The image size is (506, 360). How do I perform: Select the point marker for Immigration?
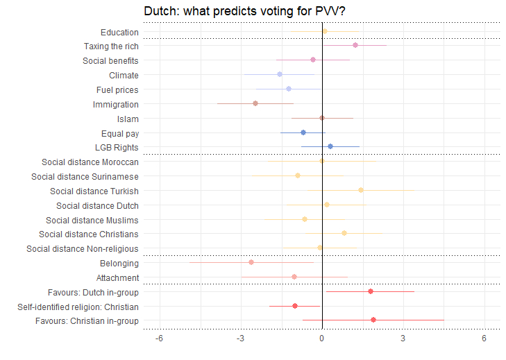coord(255,103)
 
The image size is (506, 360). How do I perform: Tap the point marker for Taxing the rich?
coord(355,45)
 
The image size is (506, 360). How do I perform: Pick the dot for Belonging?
coord(251,262)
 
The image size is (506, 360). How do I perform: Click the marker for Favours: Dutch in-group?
coord(371,291)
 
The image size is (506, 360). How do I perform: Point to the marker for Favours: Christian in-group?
coord(373,320)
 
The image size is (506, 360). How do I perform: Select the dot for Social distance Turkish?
coord(361,189)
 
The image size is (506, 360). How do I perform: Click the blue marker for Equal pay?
coord(303,132)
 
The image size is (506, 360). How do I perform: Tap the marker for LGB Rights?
coord(330,146)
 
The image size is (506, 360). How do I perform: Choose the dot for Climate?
coord(280,74)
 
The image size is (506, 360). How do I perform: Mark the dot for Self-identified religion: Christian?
coord(295,306)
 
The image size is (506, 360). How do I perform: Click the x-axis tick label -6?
coord(159,338)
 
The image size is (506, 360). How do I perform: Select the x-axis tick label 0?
coord(322,338)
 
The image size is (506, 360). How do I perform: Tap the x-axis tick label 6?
coord(484,338)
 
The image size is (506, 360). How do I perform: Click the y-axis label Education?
coord(119,32)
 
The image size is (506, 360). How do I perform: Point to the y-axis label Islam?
coord(128,119)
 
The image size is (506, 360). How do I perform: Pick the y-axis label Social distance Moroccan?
coord(90,162)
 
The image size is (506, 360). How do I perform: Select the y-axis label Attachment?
coord(117,277)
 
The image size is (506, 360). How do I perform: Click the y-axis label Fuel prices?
coord(117,89)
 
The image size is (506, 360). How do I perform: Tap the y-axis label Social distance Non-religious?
coord(83,248)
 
